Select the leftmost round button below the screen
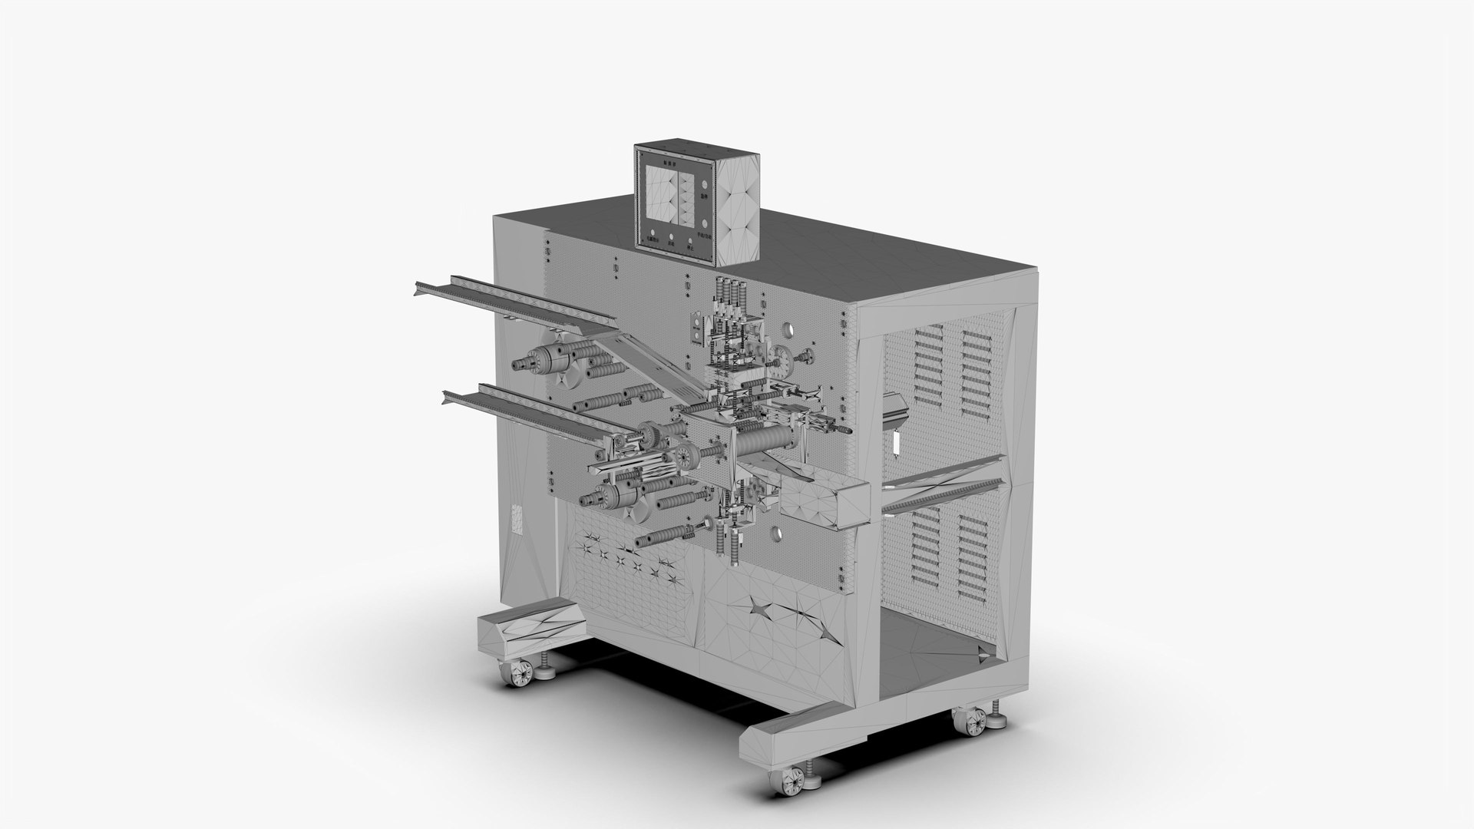652,235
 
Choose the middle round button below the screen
672,237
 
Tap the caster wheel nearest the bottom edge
792,778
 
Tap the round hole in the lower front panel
775,531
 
